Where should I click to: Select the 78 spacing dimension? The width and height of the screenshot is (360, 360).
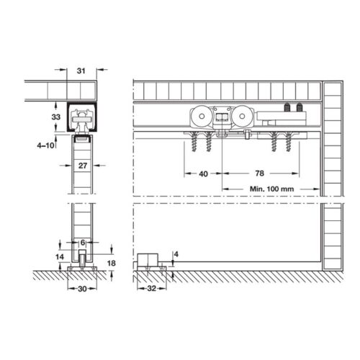260,174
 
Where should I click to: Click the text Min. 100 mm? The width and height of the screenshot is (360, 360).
267,189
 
